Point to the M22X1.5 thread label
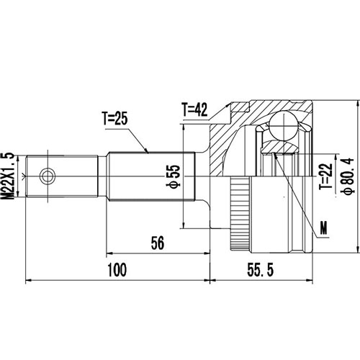pos(9,174)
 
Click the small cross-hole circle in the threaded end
pos(48,175)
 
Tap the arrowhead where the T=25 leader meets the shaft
pos(148,153)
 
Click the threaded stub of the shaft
pos(61,175)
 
